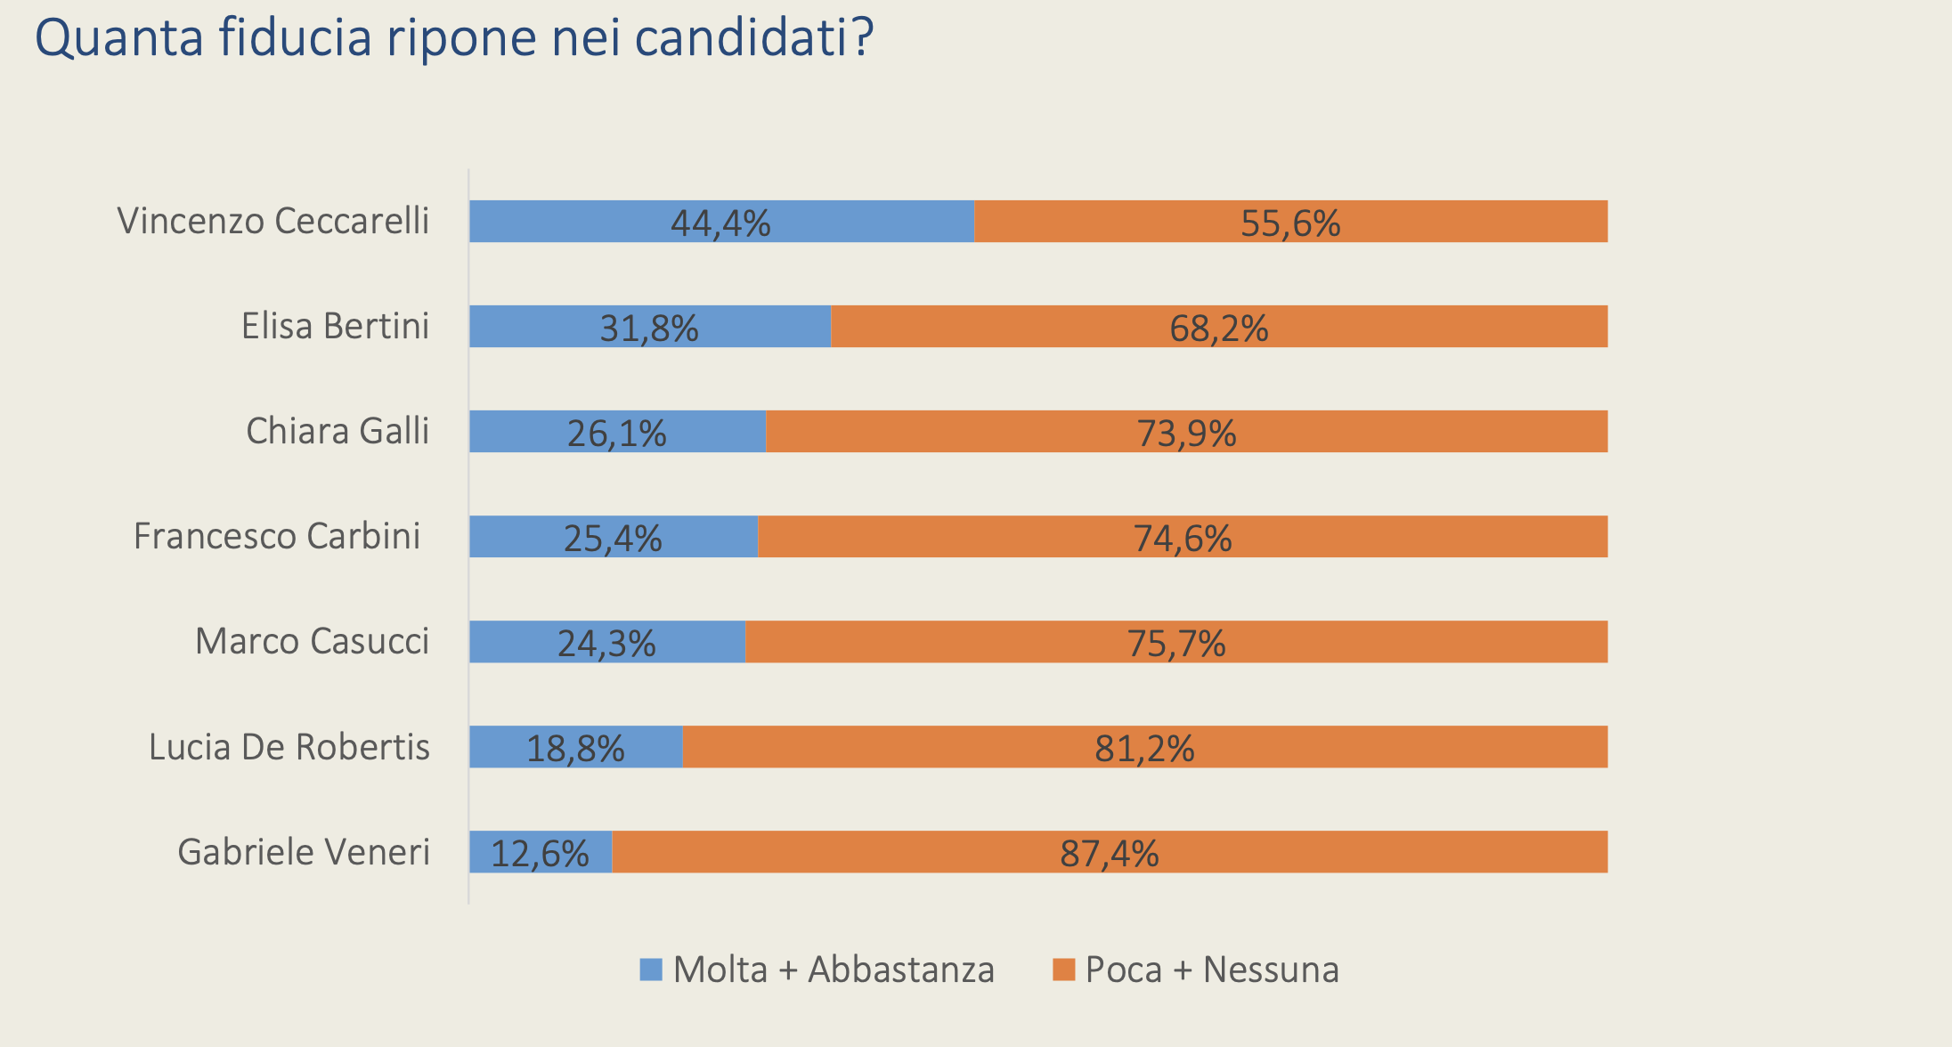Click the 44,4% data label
(x=720, y=223)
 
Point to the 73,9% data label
(x=1186, y=434)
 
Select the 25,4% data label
(x=613, y=539)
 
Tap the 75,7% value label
(x=1176, y=644)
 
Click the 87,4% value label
(x=1109, y=854)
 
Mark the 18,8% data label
(x=575, y=749)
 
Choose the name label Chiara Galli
(x=338, y=431)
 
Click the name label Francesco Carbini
(x=277, y=536)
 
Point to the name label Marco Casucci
(x=312, y=641)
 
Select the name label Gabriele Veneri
(x=304, y=852)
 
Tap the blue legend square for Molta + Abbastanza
(x=651, y=970)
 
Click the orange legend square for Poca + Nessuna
(x=1063, y=970)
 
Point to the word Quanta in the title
(x=119, y=38)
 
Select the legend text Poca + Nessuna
(x=1212, y=970)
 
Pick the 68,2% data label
(x=1218, y=329)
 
